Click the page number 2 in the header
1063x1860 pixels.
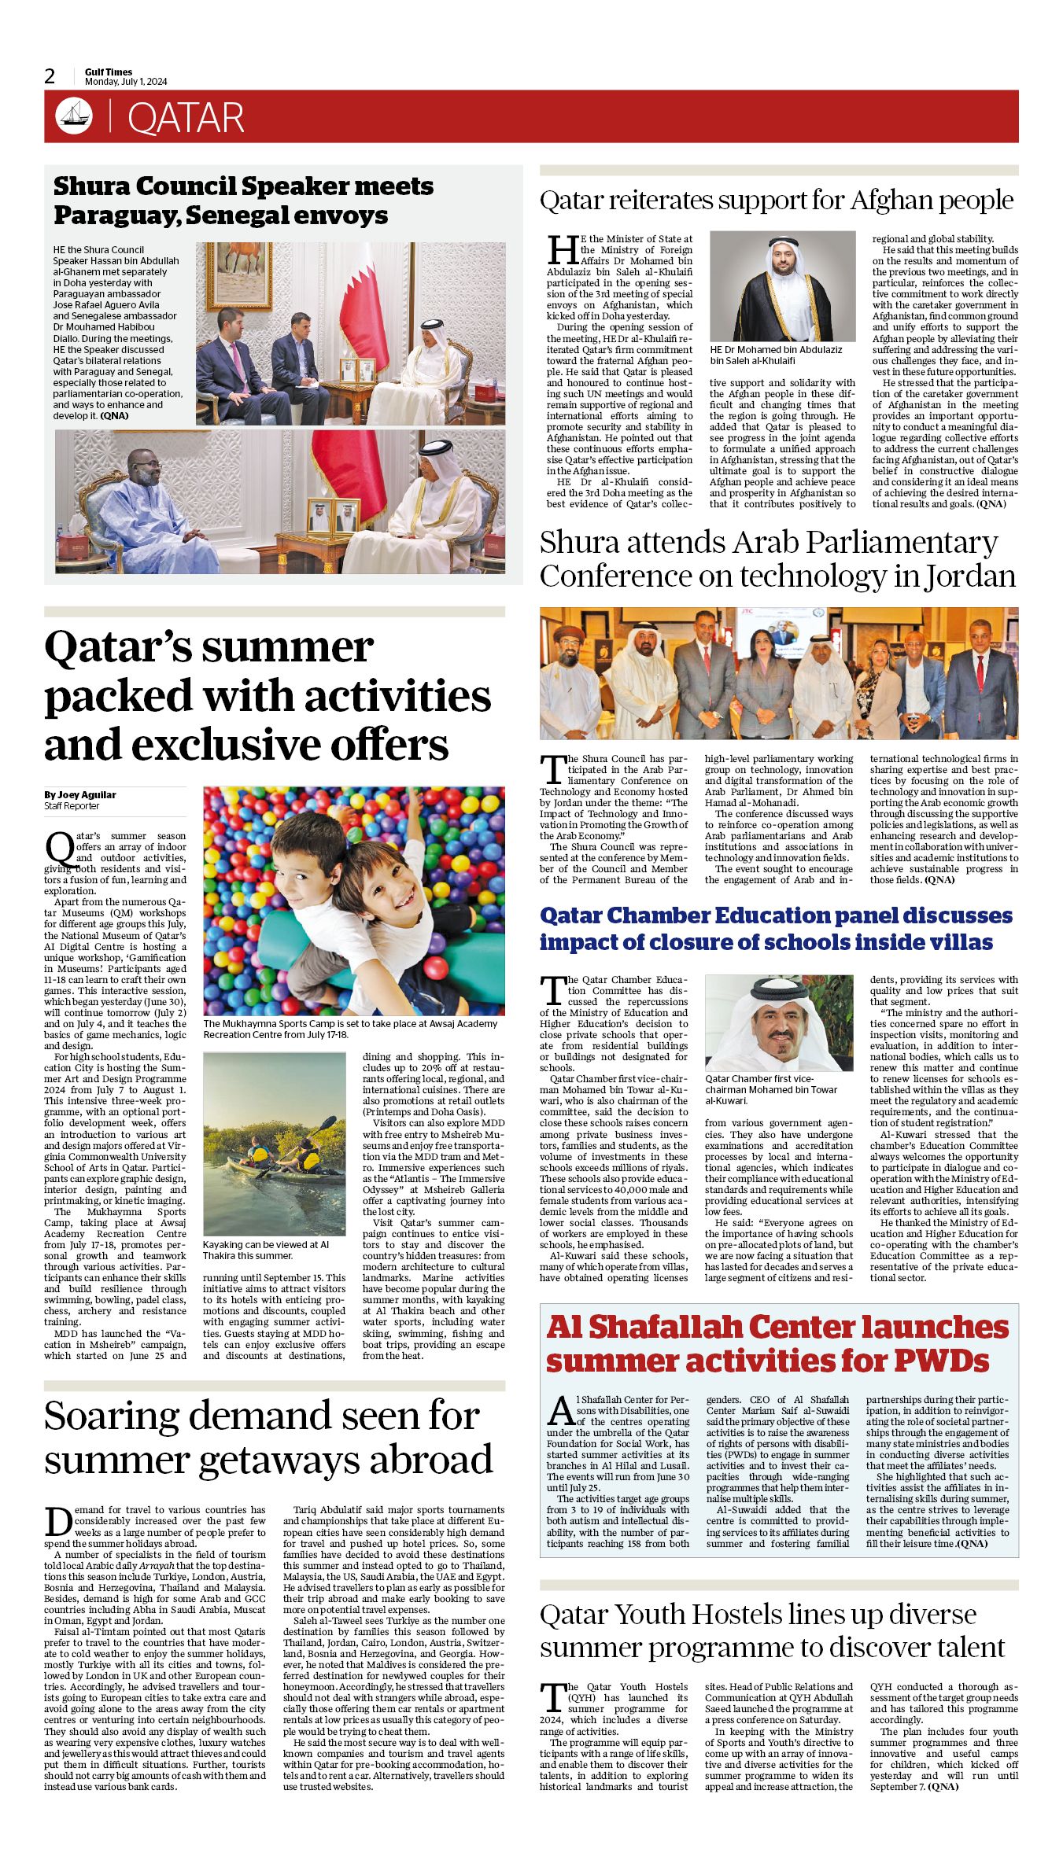point(50,76)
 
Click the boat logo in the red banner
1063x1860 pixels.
point(74,116)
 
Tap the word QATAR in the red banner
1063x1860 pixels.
point(186,118)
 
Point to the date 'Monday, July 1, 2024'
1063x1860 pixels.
point(126,82)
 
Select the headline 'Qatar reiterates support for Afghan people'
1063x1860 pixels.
point(776,200)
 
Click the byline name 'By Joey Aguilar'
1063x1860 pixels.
point(80,794)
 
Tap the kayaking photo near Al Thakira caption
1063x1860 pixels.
point(274,1144)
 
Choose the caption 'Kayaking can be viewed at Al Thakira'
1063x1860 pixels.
point(266,1250)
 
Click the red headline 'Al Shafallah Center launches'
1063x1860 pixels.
point(777,1327)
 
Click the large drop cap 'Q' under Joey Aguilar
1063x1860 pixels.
point(59,848)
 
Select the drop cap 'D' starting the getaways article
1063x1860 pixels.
point(58,1520)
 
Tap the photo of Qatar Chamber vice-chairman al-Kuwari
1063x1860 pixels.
point(778,1022)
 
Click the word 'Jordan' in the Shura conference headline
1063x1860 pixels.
point(969,576)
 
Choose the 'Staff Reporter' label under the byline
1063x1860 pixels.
point(72,805)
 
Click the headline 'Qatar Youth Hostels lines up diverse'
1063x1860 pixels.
point(757,1614)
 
